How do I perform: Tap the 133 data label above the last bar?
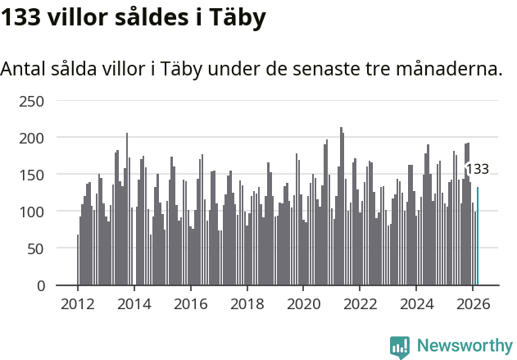[477, 170]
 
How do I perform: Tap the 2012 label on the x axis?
[78, 303]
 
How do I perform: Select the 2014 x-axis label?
[134, 303]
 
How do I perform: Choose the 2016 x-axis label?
[190, 303]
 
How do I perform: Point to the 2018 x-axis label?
[247, 303]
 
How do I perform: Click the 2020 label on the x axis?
[303, 303]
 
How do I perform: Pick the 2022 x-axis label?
[360, 303]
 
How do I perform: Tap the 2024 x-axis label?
[416, 303]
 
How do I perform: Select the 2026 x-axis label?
[473, 303]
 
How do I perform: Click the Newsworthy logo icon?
[400, 347]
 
